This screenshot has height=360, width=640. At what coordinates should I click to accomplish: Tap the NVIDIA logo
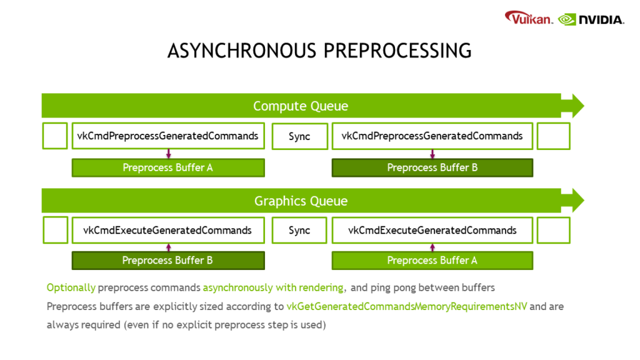[x=591, y=19]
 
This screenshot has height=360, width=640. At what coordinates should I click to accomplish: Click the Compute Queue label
[x=300, y=106]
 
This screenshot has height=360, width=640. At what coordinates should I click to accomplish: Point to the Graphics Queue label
[x=300, y=201]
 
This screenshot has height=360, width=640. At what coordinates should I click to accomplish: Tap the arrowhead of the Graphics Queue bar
[x=574, y=200]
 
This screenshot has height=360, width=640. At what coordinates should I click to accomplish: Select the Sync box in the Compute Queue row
[x=299, y=136]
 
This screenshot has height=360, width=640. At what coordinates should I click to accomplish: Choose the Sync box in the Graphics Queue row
[x=299, y=231]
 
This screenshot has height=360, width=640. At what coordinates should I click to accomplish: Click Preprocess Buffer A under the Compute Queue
[x=168, y=167]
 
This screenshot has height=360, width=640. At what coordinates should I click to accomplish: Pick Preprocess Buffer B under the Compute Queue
[x=432, y=167]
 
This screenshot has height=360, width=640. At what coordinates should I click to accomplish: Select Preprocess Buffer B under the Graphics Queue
[x=168, y=261]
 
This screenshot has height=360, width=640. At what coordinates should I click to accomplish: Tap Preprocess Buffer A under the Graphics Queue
[x=432, y=261]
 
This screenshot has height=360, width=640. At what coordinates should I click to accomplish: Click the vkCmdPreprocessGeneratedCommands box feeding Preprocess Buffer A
[x=168, y=136]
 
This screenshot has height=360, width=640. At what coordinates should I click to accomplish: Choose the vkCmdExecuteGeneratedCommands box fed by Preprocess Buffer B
[x=168, y=231]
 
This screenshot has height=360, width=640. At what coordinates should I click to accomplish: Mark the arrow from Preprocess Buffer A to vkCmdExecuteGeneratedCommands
[x=432, y=247]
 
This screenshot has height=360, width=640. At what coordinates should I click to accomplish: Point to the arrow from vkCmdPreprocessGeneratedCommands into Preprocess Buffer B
[x=432, y=154]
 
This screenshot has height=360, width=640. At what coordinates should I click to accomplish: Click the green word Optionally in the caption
[x=71, y=287]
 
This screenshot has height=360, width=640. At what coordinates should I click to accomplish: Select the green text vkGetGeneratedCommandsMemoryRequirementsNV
[x=407, y=307]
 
